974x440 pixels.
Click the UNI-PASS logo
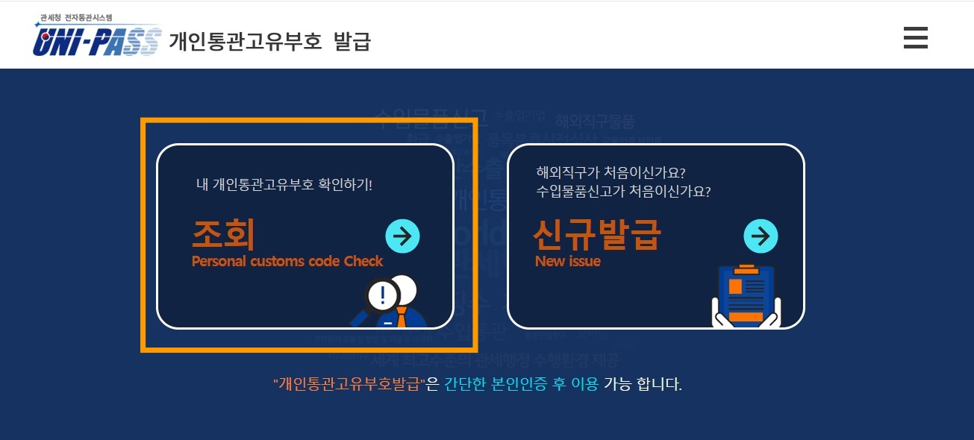point(96,42)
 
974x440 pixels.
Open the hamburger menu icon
point(915,37)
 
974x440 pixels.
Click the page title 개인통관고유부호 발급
point(269,41)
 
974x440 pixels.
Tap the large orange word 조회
point(223,234)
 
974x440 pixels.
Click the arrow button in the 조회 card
point(402,236)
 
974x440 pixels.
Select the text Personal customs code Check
point(287,261)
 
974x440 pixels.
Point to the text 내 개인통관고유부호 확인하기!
point(284,184)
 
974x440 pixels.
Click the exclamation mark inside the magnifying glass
point(383,295)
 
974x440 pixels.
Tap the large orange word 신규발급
point(596,234)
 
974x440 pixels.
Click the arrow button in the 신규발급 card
point(761,236)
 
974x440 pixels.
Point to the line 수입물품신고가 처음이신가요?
point(622,191)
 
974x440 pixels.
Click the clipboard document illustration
point(746,296)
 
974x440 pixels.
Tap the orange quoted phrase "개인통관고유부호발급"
point(349,385)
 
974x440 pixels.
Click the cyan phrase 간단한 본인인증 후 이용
point(521,385)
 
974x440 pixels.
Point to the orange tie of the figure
point(401,318)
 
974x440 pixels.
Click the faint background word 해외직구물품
point(595,121)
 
